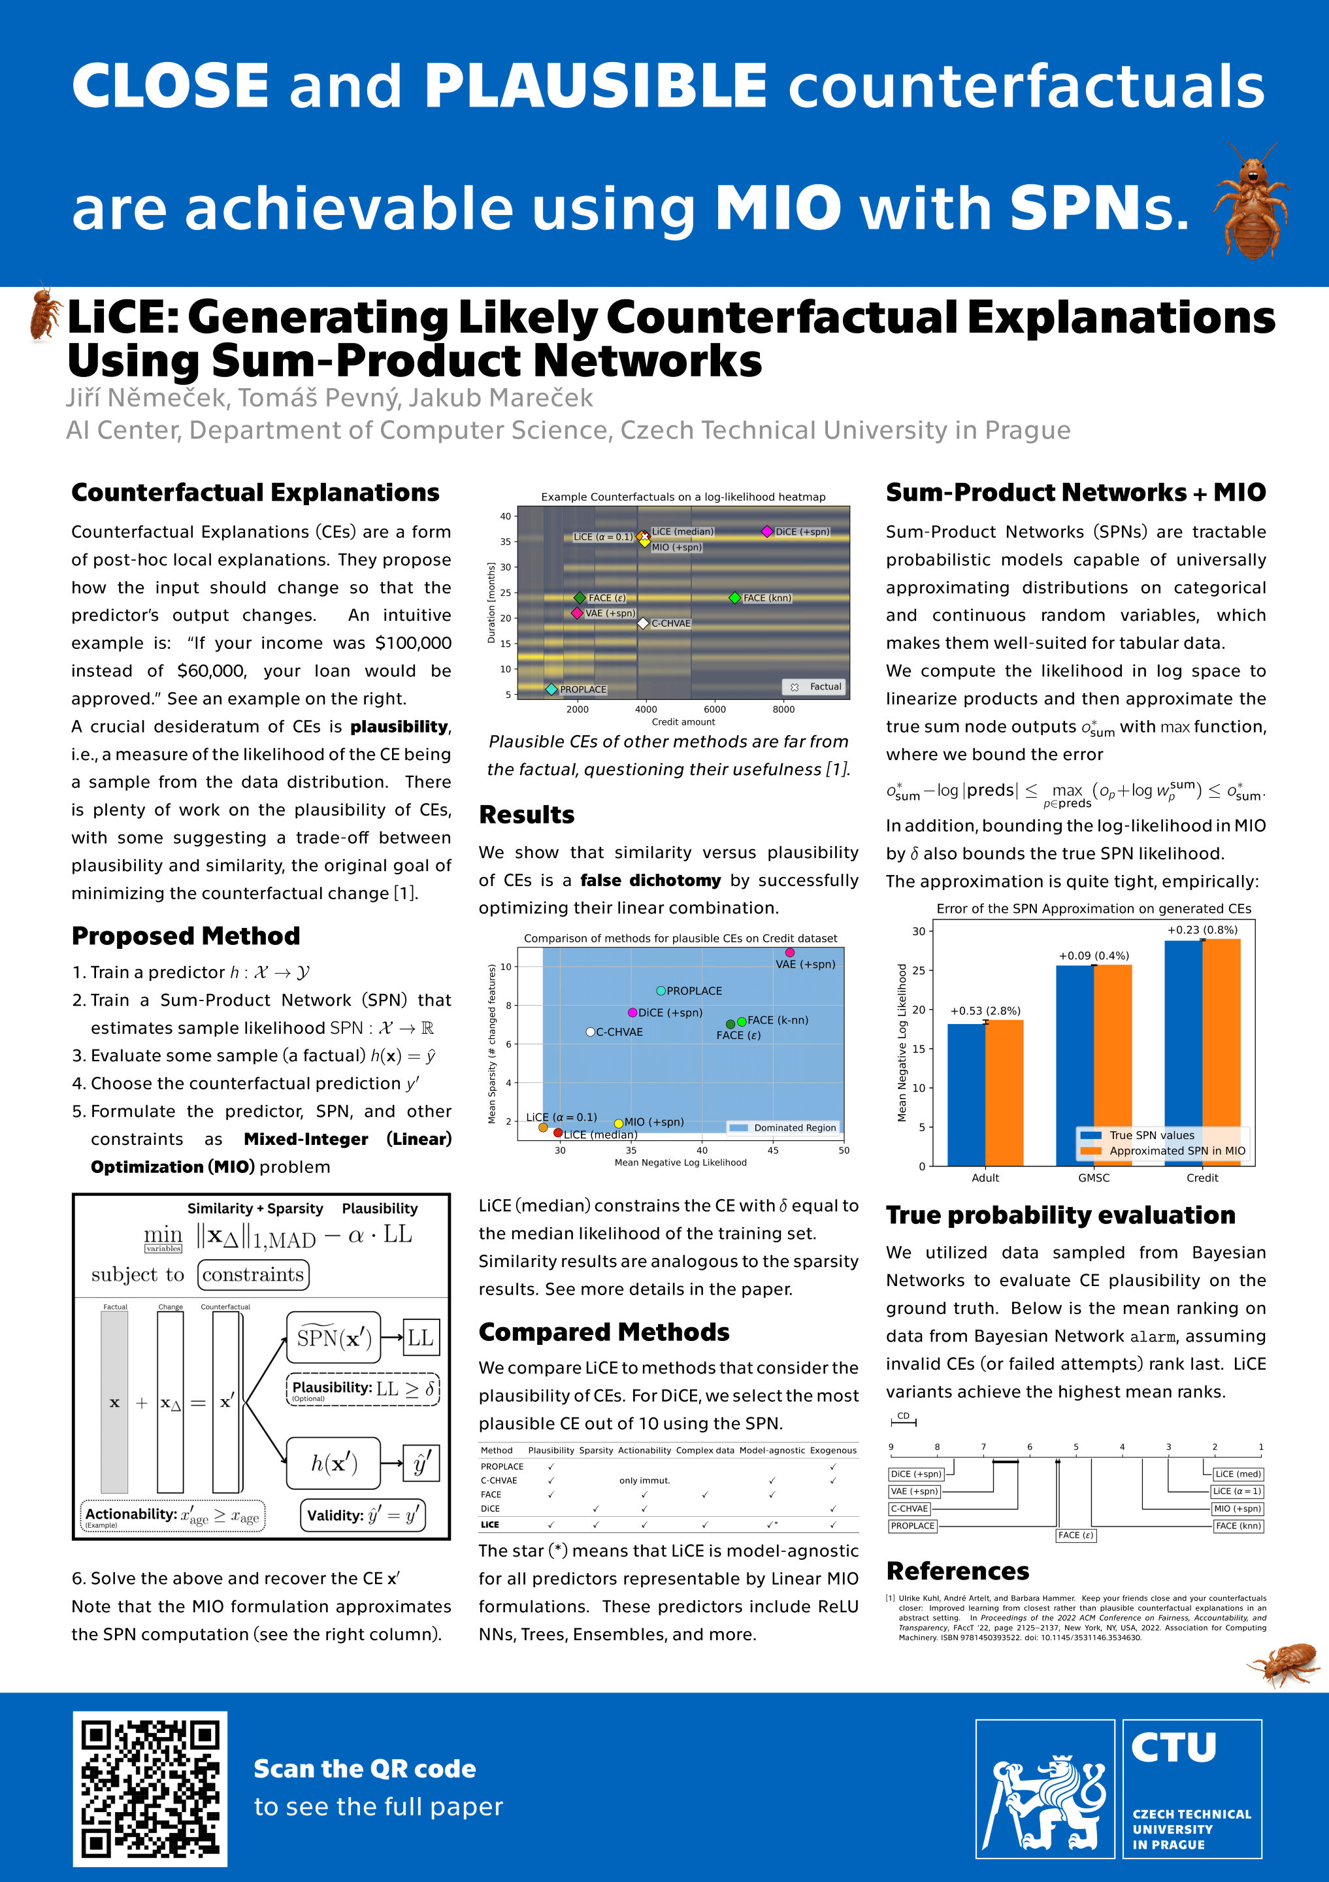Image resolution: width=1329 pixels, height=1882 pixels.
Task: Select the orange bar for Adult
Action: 1004,1092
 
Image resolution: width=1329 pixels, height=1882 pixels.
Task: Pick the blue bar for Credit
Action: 1183,1053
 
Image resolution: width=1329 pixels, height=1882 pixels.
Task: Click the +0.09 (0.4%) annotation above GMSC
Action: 1094,956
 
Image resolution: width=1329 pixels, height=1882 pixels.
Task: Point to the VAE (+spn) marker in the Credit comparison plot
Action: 790,953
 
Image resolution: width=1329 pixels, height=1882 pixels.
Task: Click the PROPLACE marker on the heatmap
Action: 551,689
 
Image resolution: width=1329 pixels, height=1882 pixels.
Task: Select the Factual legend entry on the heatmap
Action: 816,687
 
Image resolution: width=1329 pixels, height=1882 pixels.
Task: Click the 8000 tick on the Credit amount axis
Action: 783,710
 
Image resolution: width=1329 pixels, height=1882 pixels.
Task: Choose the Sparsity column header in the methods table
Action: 596,1450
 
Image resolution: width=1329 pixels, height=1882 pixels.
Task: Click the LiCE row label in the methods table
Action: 490,1525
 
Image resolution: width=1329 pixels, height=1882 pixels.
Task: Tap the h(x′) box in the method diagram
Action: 333,1463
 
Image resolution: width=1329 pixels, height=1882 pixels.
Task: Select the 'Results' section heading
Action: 527,815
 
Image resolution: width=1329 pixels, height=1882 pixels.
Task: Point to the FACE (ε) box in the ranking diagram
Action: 1076,1535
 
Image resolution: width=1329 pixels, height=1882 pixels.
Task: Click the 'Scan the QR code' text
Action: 365,1769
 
